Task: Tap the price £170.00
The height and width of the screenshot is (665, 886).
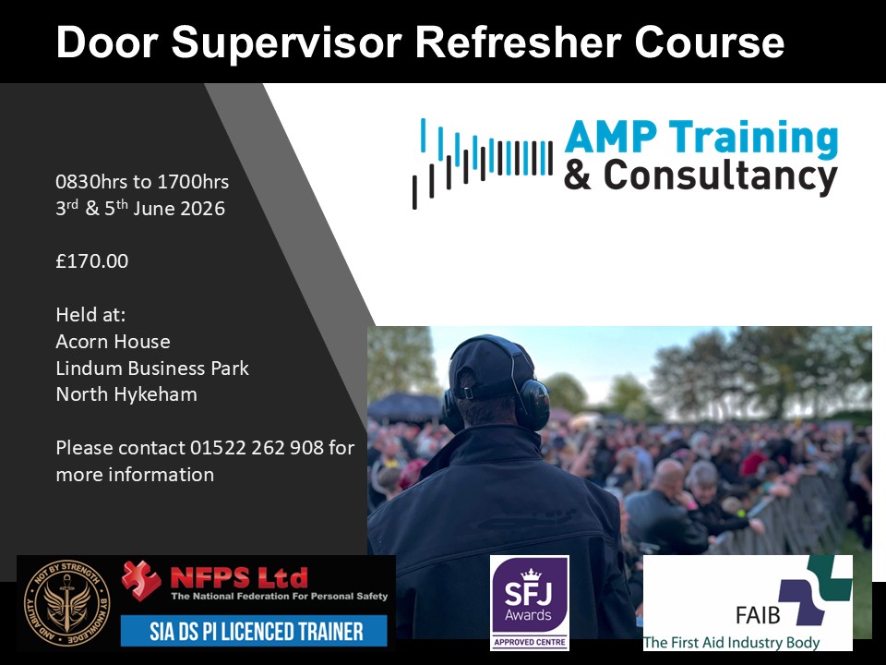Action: [91, 261]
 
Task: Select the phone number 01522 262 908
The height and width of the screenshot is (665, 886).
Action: [257, 448]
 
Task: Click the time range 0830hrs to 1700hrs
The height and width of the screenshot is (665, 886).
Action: [142, 182]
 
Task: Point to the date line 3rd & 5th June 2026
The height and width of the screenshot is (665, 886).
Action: [140, 209]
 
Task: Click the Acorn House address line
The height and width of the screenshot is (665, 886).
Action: [113, 341]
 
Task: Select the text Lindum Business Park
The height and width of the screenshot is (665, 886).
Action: [152, 368]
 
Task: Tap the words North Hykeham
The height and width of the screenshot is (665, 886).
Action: [126, 394]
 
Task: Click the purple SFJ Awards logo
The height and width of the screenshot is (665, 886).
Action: [529, 602]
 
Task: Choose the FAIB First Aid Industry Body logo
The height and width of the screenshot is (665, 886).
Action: [748, 603]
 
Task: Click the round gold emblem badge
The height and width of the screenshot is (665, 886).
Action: [66, 603]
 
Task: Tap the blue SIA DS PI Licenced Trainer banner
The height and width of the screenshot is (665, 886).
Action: [255, 631]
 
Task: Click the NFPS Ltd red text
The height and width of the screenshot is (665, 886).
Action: [238, 578]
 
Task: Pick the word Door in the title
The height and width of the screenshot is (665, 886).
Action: [109, 42]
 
